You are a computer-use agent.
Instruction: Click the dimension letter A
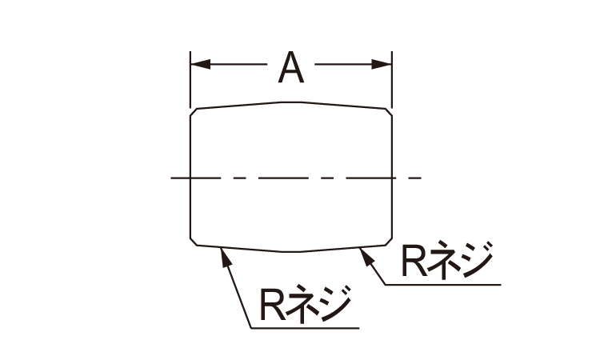click(291, 69)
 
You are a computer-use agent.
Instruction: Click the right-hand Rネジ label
click(446, 260)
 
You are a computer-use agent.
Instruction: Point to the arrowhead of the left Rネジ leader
click(223, 254)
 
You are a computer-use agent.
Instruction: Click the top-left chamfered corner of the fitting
click(193, 111)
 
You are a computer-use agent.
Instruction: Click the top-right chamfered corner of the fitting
click(389, 110)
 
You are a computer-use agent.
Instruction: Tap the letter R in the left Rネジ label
click(270, 303)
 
